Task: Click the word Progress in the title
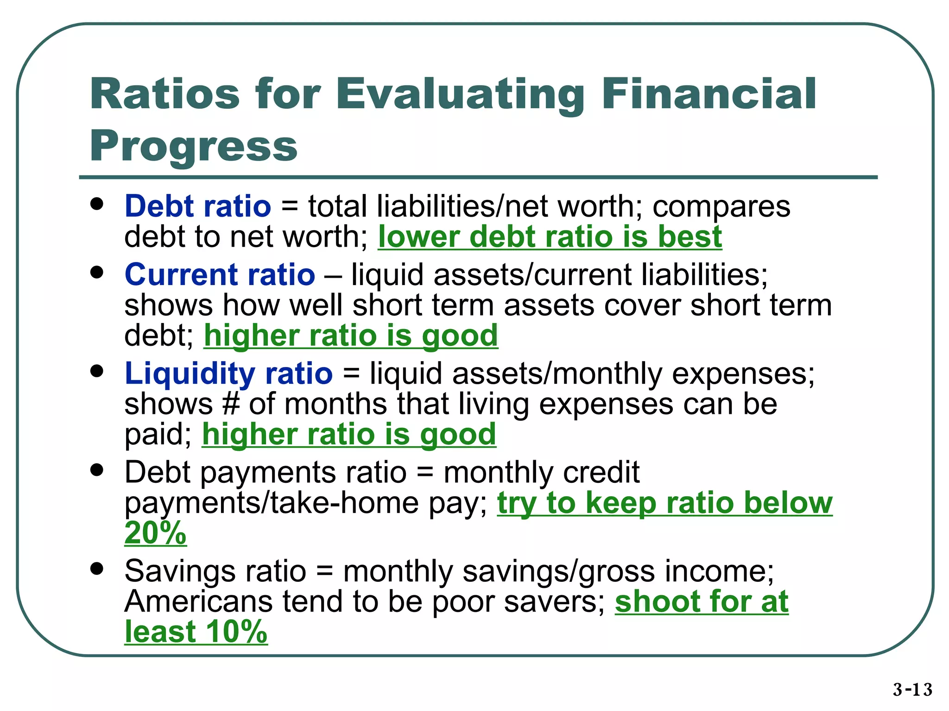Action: point(193,146)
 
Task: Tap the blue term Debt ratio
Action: point(198,206)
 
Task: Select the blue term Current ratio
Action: point(220,274)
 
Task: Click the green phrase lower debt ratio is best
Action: point(550,237)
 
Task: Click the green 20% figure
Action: point(155,533)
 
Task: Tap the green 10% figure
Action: point(236,631)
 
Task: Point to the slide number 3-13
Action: point(912,689)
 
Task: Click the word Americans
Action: point(198,601)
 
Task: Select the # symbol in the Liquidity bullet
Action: point(231,404)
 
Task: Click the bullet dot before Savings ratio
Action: point(97,569)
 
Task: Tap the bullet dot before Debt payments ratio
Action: point(97,470)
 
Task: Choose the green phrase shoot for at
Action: point(701,601)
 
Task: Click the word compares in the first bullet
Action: point(721,206)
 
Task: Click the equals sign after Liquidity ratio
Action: point(351,373)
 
